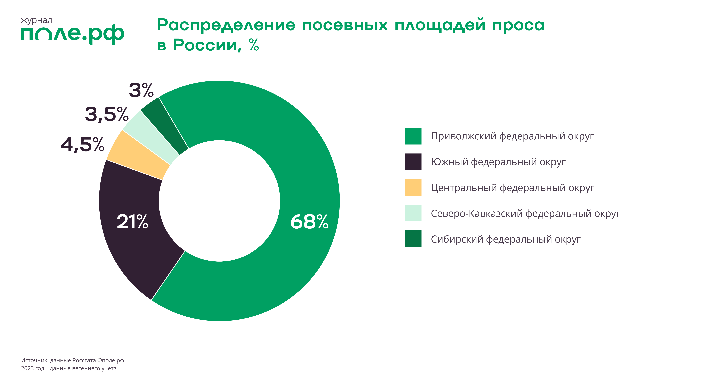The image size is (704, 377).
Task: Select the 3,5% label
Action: pyautogui.click(x=107, y=114)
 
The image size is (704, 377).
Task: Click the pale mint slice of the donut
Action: pyautogui.click(x=151, y=137)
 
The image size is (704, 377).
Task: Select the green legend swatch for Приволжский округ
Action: pyautogui.click(x=413, y=136)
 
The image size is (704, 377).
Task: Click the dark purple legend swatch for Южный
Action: pyautogui.click(x=413, y=162)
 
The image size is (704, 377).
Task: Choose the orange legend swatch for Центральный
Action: pyautogui.click(x=413, y=187)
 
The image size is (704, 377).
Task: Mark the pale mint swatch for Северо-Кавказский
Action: pyautogui.click(x=413, y=213)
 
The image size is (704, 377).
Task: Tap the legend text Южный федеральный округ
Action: pyautogui.click(x=498, y=162)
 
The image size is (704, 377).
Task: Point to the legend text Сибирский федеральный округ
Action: pyautogui.click(x=506, y=239)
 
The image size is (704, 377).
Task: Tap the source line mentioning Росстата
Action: pyautogui.click(x=72, y=360)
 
